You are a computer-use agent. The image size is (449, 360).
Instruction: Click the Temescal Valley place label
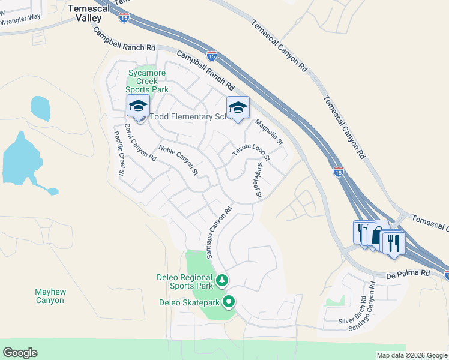coord(89,13)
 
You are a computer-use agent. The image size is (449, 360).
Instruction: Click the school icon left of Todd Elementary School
coord(138,106)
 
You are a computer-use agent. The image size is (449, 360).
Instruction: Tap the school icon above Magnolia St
coord(237,107)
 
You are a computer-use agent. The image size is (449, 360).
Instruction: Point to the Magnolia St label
coord(268,133)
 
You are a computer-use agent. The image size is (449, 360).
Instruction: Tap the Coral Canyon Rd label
coord(140,143)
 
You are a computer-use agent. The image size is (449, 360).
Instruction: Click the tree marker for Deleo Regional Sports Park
coord(222,280)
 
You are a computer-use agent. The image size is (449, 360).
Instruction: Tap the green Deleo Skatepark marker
coord(228,302)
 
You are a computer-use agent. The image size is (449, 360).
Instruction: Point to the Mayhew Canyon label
coord(49,296)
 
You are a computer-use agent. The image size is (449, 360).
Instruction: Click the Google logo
coord(20,353)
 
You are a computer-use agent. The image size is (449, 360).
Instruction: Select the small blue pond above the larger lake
coord(40,108)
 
